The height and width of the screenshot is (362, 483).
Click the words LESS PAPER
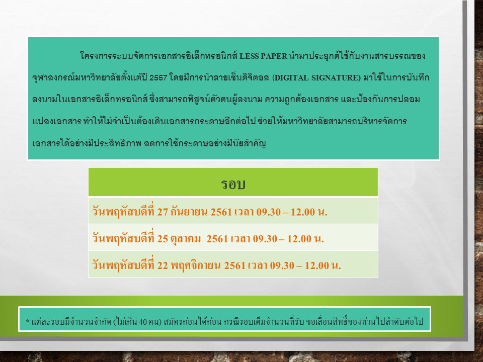point(263,56)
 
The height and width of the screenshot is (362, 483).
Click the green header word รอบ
point(233,184)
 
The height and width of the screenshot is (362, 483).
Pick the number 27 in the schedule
point(163,212)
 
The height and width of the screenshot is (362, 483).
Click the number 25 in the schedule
point(163,239)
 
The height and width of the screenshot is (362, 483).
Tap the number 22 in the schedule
point(163,265)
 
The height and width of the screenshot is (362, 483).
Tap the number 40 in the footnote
point(142,322)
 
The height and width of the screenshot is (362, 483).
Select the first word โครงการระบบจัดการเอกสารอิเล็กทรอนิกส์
point(158,56)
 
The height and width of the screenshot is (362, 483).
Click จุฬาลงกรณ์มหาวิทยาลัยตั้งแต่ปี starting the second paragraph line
point(90,77)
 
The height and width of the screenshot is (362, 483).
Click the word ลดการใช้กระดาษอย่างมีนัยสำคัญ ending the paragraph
point(205,143)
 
